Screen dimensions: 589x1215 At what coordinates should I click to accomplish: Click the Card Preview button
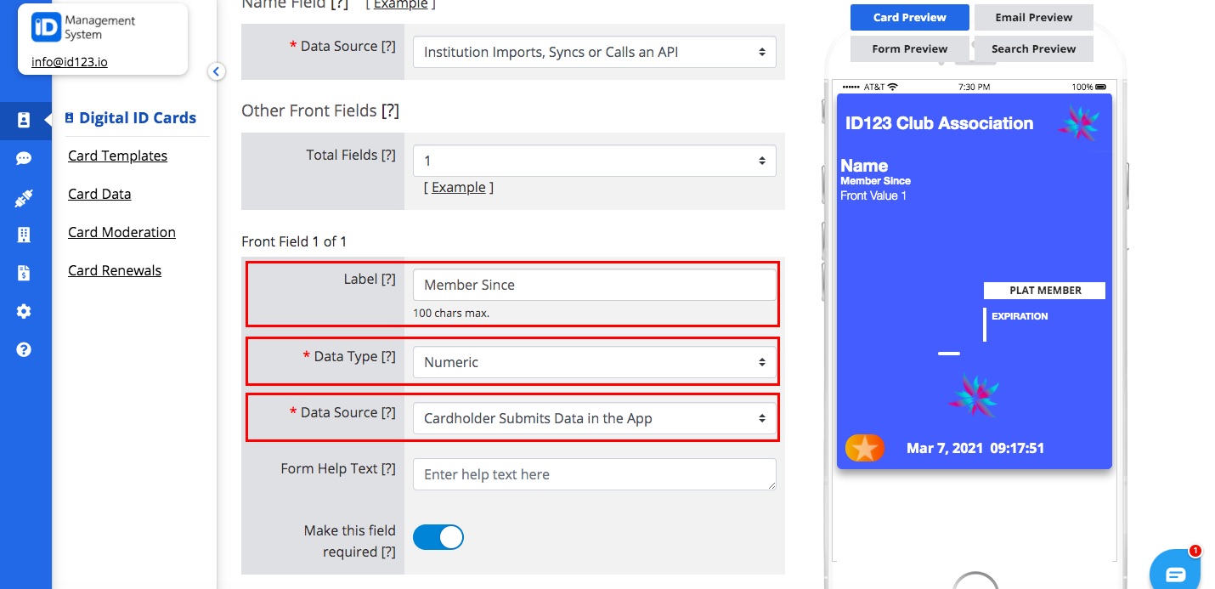coord(910,17)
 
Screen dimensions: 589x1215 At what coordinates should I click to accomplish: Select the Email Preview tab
coord(1033,17)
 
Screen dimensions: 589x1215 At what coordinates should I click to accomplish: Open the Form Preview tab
coord(909,48)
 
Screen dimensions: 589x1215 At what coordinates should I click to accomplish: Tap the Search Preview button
coord(1033,48)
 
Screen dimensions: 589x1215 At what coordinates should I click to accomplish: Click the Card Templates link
coord(117,156)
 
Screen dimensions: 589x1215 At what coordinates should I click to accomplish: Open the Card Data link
coord(99,194)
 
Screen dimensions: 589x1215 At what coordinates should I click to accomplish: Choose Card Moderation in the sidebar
coord(121,232)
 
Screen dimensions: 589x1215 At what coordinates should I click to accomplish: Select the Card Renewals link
coord(115,270)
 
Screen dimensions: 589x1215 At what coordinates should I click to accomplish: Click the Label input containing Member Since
coord(594,285)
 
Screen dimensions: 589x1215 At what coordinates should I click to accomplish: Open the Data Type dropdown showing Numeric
coord(594,362)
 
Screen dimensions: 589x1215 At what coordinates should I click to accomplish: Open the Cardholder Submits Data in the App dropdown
coord(594,418)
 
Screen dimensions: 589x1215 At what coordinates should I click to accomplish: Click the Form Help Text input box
coord(594,474)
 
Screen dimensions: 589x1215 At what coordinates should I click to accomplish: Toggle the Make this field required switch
coord(438,537)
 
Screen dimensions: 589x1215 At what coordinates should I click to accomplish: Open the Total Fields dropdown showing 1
coord(594,161)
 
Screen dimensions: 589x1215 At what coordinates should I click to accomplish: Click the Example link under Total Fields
coord(459,187)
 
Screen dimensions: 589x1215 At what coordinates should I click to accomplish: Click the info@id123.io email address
coord(70,62)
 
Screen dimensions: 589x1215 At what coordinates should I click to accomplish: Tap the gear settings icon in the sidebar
coord(24,311)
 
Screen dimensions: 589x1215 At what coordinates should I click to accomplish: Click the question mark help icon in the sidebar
coord(24,349)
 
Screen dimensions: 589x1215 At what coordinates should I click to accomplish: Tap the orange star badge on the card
coord(864,447)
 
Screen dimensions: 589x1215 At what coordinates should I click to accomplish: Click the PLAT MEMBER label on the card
coord(1045,291)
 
